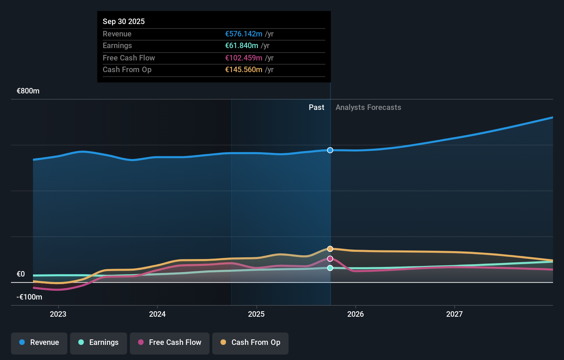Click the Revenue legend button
pyautogui.click(x=39, y=343)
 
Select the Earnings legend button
pyautogui.click(x=99, y=343)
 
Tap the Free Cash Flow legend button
pyautogui.click(x=170, y=343)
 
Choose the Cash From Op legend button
pyautogui.click(x=250, y=343)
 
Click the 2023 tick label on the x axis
pyautogui.click(x=58, y=314)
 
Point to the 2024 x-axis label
pyautogui.click(x=157, y=314)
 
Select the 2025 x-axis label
pyautogui.click(x=256, y=314)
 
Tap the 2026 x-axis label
pyautogui.click(x=356, y=314)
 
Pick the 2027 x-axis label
pyautogui.click(x=454, y=314)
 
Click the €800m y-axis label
pyautogui.click(x=28, y=91)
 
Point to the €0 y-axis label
pyautogui.click(x=21, y=274)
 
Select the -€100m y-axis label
pyautogui.click(x=30, y=297)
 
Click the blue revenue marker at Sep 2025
pyautogui.click(x=330, y=150)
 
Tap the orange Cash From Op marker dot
pyautogui.click(x=330, y=249)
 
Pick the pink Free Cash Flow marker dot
pyautogui.click(x=330, y=259)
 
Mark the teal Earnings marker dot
pyautogui.click(x=330, y=268)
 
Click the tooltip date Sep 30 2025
pyautogui.click(x=124, y=22)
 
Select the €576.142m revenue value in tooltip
pyautogui.click(x=244, y=34)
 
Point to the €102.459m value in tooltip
pyautogui.click(x=244, y=58)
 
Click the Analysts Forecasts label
pyautogui.click(x=368, y=108)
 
